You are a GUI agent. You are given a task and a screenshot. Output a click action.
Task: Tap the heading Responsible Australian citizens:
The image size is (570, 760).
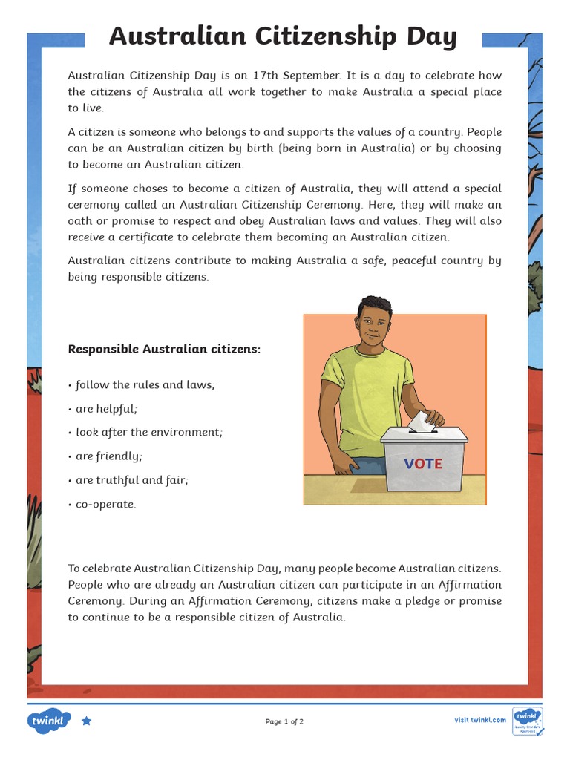pyautogui.click(x=164, y=349)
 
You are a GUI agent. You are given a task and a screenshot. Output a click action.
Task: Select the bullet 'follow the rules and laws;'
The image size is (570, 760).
pyautogui.click(x=145, y=384)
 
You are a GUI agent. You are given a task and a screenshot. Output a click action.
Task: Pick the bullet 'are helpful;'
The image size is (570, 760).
pyautogui.click(x=106, y=408)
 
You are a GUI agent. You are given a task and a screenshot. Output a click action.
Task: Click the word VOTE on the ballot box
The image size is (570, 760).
pyautogui.click(x=423, y=464)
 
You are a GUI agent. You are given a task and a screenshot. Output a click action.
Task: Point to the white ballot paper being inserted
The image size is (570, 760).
pyautogui.click(x=421, y=421)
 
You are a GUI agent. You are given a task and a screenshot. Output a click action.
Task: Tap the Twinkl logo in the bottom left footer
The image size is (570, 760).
pyautogui.click(x=49, y=720)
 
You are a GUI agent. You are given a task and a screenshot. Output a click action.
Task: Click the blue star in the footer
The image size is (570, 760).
pyautogui.click(x=86, y=720)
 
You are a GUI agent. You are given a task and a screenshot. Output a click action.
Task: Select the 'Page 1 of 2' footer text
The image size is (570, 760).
pyautogui.click(x=284, y=721)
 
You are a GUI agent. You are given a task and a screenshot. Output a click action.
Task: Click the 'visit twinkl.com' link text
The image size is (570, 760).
pyautogui.click(x=480, y=720)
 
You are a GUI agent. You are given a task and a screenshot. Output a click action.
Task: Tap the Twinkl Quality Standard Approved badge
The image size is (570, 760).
pyautogui.click(x=528, y=720)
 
